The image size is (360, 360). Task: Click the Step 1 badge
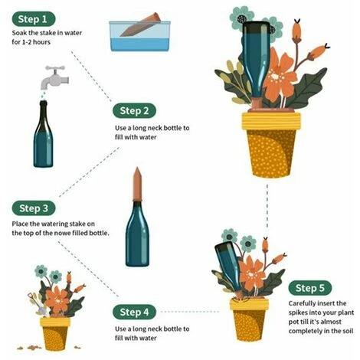coord(34,19)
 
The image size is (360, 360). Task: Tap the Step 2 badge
coord(134,110)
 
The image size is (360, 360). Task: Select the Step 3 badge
coord(34,208)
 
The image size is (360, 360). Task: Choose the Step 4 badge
coord(134,312)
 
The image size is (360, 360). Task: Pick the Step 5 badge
coord(310,288)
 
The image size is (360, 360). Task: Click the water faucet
coord(54,77)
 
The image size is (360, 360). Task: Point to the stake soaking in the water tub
coord(140,25)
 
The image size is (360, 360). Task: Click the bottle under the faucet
coord(44,134)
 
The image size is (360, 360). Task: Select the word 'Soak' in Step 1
coord(19,33)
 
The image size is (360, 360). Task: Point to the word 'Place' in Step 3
coord(20,224)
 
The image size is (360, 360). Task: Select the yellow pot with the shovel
coord(55,334)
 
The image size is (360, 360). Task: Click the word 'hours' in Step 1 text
coord(41,42)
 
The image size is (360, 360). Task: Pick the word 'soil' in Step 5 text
coord(349,331)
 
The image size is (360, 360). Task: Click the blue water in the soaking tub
coord(140,44)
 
